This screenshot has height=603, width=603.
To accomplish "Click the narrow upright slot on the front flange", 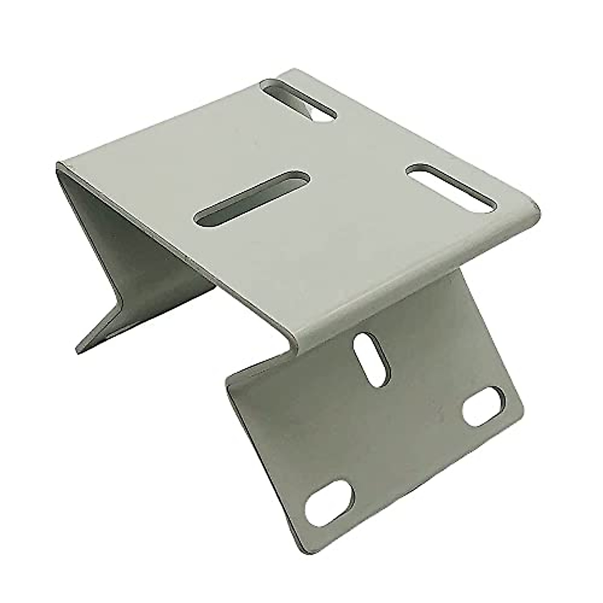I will tap(371, 360).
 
